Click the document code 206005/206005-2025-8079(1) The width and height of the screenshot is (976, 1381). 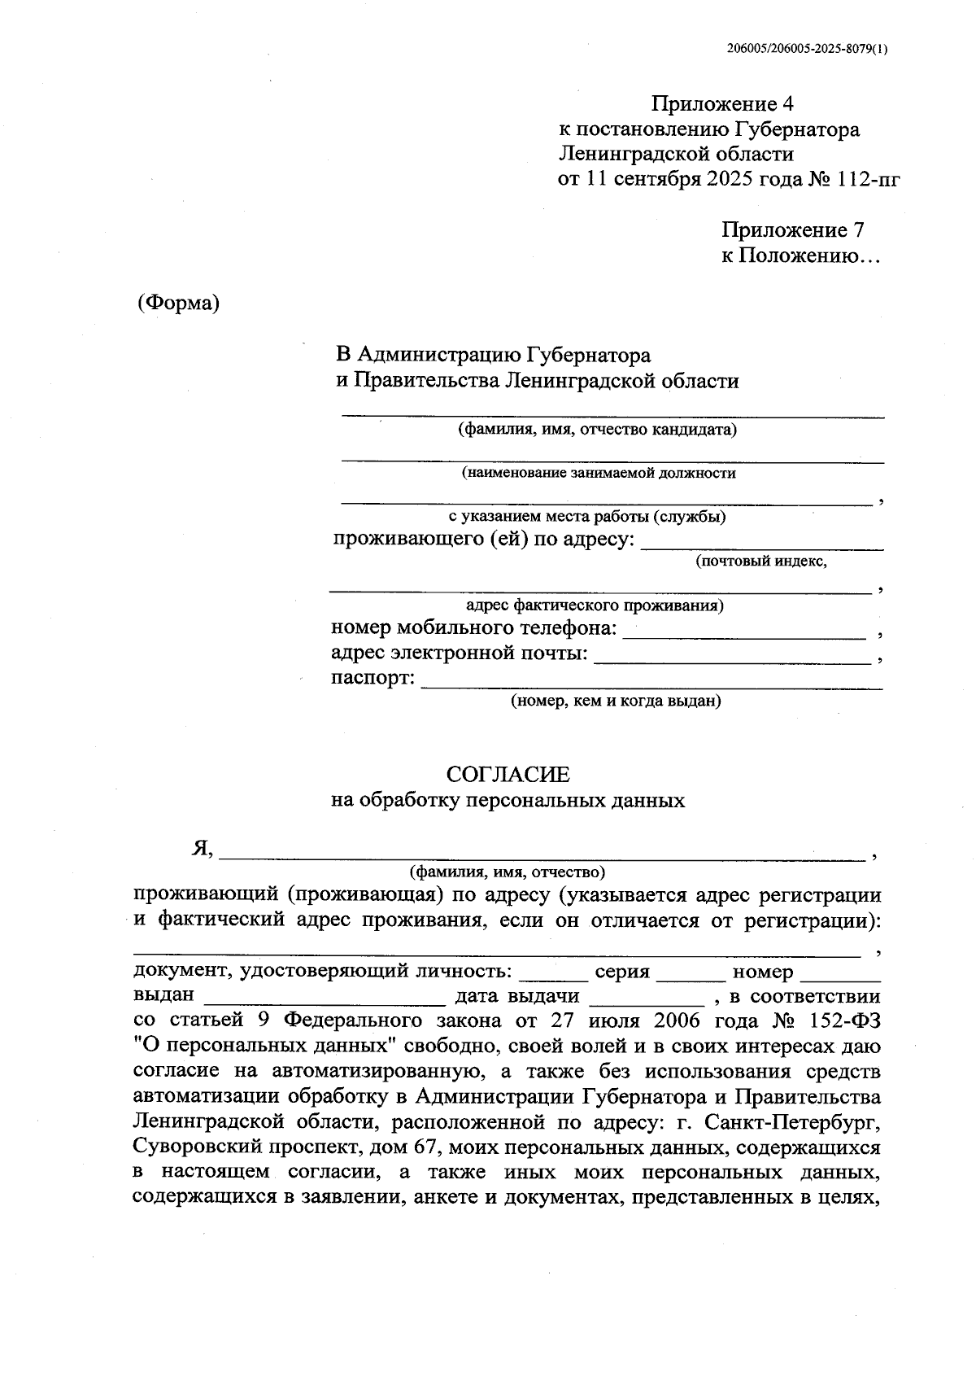coord(807,49)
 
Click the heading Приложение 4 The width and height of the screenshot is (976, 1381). coord(722,104)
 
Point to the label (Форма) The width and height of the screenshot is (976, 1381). coord(179,303)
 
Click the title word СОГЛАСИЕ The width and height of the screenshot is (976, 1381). coord(508,774)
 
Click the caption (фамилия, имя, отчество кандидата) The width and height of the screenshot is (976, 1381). coord(598,430)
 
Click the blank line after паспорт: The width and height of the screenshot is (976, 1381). coord(651,687)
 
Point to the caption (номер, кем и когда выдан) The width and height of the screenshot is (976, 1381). coord(616,701)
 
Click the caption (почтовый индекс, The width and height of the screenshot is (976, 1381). coord(760,562)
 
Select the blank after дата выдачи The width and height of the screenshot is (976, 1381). coord(647,1001)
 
